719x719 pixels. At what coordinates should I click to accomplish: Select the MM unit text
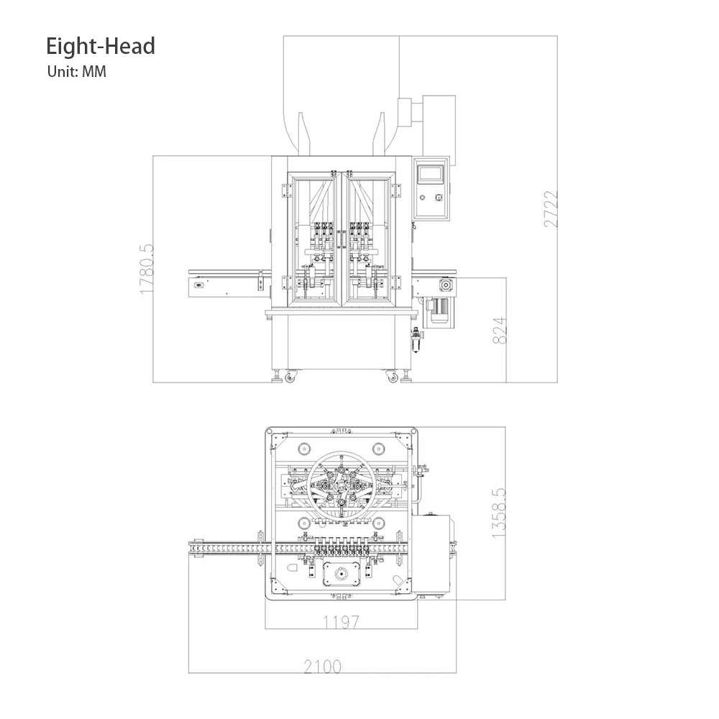pyautogui.click(x=94, y=71)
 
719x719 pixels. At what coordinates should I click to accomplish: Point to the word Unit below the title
pyautogui.click(x=63, y=71)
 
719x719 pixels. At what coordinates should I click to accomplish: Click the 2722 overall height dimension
pyautogui.click(x=551, y=209)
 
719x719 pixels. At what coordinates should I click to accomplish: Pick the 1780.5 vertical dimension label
pyautogui.click(x=147, y=269)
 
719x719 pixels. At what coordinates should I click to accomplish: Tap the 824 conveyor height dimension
pyautogui.click(x=500, y=330)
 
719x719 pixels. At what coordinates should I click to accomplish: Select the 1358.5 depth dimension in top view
pyautogui.click(x=498, y=513)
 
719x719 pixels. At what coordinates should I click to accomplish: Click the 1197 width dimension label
pyautogui.click(x=341, y=622)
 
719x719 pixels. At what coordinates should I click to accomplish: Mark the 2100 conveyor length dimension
pyautogui.click(x=322, y=667)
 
